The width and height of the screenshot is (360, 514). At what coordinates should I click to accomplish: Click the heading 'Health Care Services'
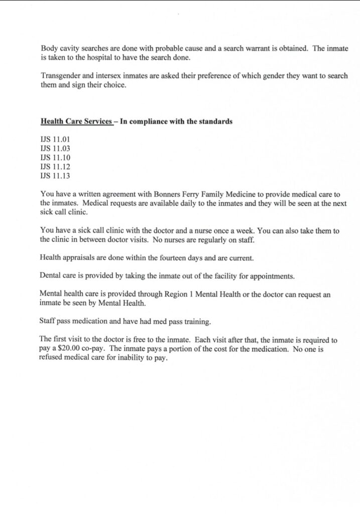click(76, 121)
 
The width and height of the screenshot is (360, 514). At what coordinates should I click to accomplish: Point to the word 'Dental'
click(50, 276)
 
